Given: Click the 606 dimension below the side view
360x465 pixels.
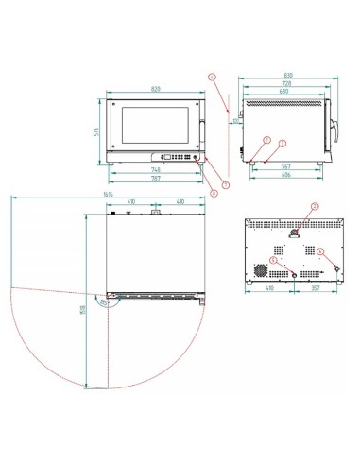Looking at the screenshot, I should (285, 175).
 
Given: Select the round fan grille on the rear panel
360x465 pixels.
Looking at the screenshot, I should (258, 269).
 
